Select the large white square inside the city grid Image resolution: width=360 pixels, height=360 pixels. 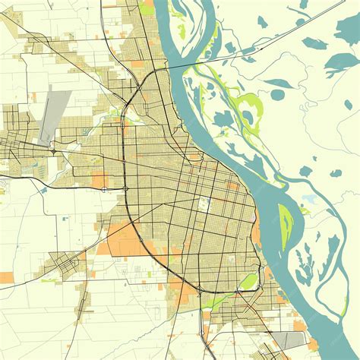(x=203, y=204)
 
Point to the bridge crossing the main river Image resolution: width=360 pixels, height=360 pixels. (x=199, y=62)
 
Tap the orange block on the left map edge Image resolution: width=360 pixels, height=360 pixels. (x=6, y=278)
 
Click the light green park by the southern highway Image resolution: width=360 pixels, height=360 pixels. (x=248, y=282)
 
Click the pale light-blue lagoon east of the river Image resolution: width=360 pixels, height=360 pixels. (x=309, y=199)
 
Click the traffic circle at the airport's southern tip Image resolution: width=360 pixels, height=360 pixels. (x=55, y=152)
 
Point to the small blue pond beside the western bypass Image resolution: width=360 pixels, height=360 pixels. (x=44, y=190)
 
